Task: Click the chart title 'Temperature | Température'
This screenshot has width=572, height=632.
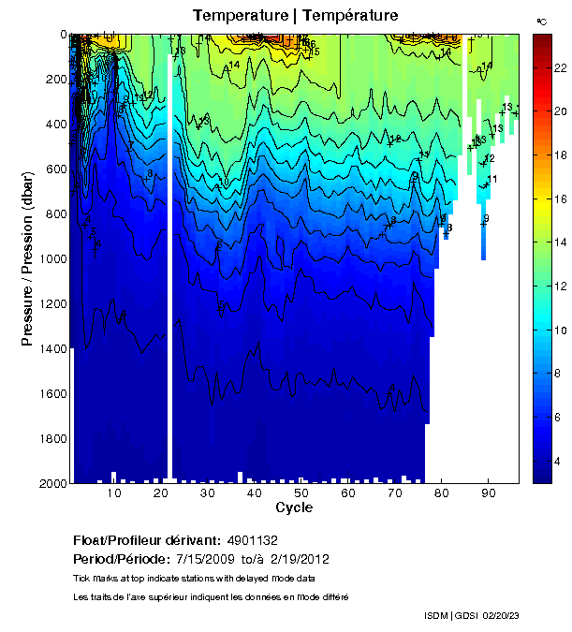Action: [x=296, y=15]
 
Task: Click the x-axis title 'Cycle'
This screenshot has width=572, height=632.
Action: [x=294, y=508]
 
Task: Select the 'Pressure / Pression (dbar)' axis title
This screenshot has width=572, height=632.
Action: [x=28, y=258]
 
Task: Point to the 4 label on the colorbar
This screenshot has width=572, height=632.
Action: [x=555, y=463]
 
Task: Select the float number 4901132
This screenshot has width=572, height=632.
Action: [x=252, y=541]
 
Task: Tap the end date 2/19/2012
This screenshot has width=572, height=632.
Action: [x=298, y=559]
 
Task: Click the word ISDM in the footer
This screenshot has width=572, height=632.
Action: [x=436, y=615]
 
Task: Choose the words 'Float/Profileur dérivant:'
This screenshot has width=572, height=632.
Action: [x=146, y=541]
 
